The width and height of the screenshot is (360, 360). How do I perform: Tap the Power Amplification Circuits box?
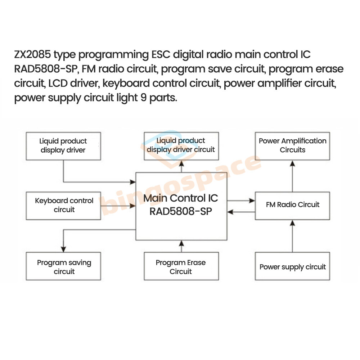pos(292,146)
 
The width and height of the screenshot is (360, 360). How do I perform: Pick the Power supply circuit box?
pos(292,266)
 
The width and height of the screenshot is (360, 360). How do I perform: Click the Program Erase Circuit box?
pos(181,266)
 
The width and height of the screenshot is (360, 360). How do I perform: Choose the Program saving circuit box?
pos(64,266)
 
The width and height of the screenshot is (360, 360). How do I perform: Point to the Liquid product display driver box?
pos(64,146)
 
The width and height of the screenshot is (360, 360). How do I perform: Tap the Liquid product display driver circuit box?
pos(181,146)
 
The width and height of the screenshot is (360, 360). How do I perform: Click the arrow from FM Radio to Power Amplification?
pos(292,176)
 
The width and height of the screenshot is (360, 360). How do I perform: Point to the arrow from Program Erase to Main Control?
pos(181,246)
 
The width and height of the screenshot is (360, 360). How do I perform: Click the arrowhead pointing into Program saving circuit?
pos(64,249)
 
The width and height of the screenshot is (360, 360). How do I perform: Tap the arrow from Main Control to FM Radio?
pos(241,200)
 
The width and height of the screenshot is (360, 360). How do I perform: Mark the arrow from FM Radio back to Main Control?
pos(241,212)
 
